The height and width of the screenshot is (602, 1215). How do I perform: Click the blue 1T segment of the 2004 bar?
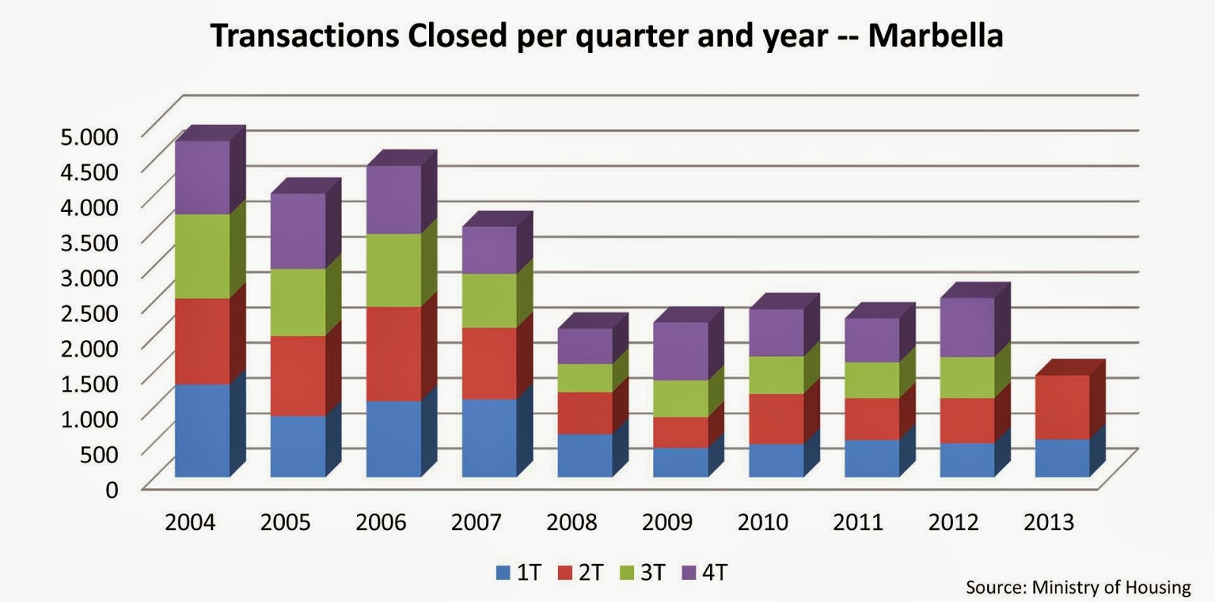202,430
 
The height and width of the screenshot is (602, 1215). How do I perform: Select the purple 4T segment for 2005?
298,231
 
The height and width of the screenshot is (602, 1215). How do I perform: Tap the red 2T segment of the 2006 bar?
393,353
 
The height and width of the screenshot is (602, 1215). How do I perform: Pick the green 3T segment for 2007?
489,300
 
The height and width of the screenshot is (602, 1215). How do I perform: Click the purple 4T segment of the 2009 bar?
680,351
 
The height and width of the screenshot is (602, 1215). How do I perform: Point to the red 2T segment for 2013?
1062,407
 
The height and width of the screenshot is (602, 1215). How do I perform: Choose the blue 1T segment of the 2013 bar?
1062,458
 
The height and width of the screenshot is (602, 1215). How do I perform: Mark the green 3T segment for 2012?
967,377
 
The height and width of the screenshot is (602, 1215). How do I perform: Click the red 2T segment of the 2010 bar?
776,418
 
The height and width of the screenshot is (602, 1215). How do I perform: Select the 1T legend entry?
519,572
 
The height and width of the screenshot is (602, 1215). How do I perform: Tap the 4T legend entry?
705,572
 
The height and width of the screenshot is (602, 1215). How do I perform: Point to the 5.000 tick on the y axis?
90,137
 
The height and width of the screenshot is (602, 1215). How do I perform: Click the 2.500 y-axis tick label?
90,312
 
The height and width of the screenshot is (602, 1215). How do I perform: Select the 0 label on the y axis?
112,490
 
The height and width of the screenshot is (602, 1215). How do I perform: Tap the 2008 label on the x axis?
572,522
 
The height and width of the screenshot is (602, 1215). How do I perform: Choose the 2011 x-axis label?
858,522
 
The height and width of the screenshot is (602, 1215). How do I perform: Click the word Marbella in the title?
935,36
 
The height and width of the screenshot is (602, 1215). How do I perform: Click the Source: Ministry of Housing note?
1078,587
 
